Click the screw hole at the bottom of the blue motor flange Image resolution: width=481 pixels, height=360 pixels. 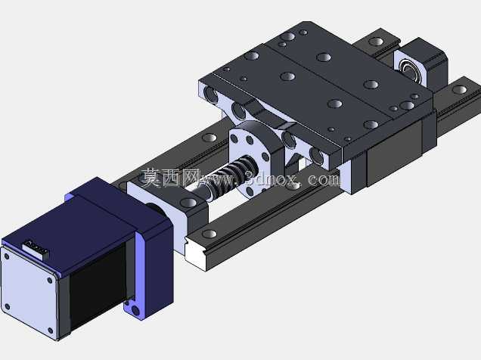[x=135, y=311]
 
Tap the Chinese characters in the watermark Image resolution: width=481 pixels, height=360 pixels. [x=171, y=178]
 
